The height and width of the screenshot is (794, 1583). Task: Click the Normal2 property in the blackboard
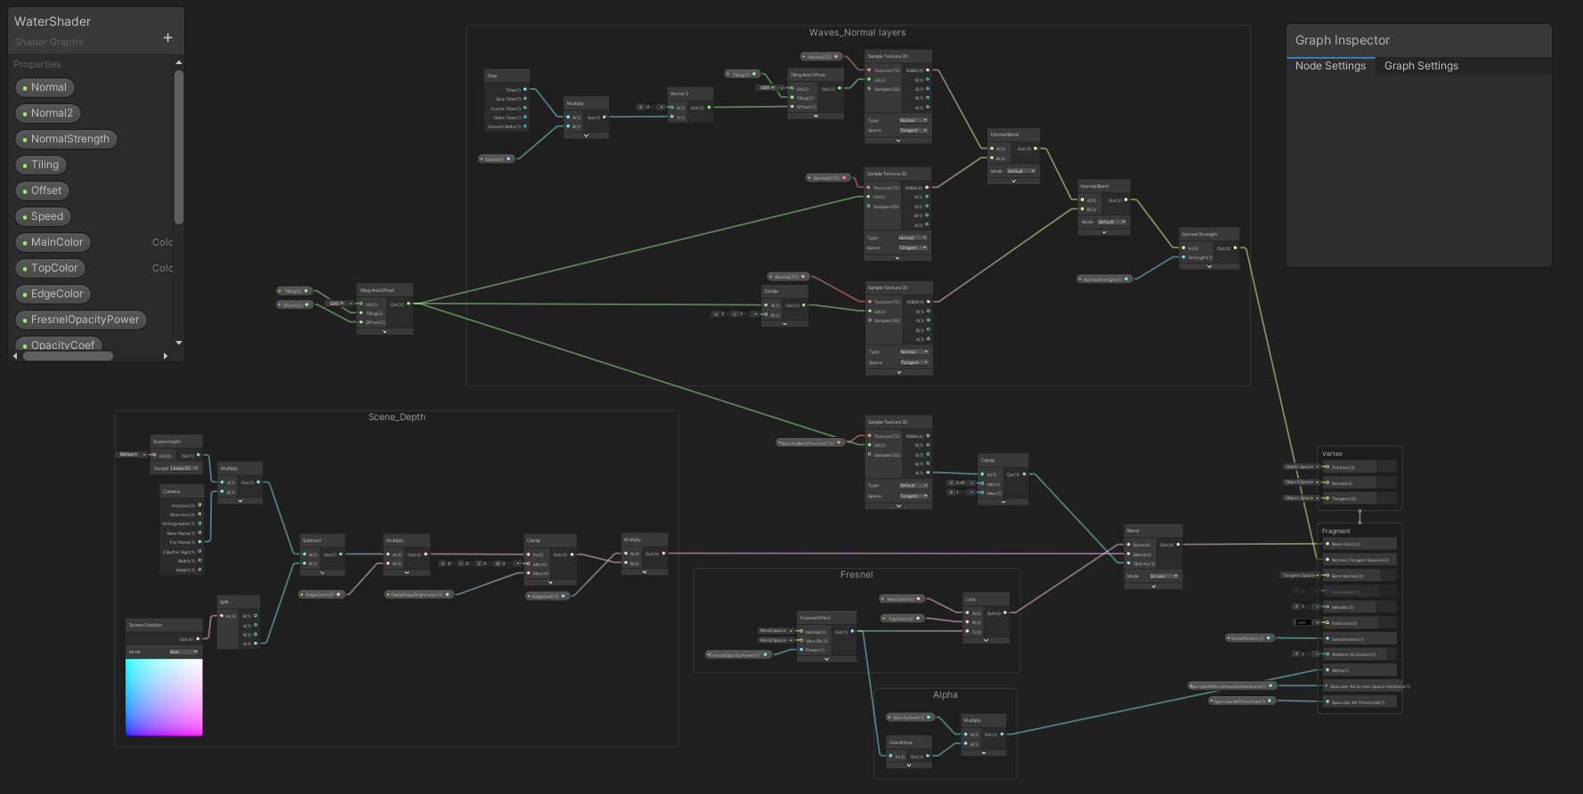52,113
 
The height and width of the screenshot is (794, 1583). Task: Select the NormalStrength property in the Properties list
69,139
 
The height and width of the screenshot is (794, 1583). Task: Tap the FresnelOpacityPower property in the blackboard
85,320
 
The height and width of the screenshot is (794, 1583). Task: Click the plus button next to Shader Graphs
167,37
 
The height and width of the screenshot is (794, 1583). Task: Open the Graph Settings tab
1421,66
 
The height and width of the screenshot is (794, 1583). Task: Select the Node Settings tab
1330,66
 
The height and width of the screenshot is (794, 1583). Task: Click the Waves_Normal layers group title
856,33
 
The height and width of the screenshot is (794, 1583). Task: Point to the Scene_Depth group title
397,417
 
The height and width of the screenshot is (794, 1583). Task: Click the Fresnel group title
856,575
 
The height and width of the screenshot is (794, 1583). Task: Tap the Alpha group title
945,695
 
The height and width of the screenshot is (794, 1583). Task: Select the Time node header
506,76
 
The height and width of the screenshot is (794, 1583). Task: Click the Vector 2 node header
690,93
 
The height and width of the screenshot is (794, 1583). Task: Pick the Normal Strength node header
1208,234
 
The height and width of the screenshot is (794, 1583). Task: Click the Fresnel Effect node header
825,618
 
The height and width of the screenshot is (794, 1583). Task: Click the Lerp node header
986,599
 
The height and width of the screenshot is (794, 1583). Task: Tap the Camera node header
182,491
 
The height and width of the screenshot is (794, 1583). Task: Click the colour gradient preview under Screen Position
164,697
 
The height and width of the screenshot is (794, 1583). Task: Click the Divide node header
784,291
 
